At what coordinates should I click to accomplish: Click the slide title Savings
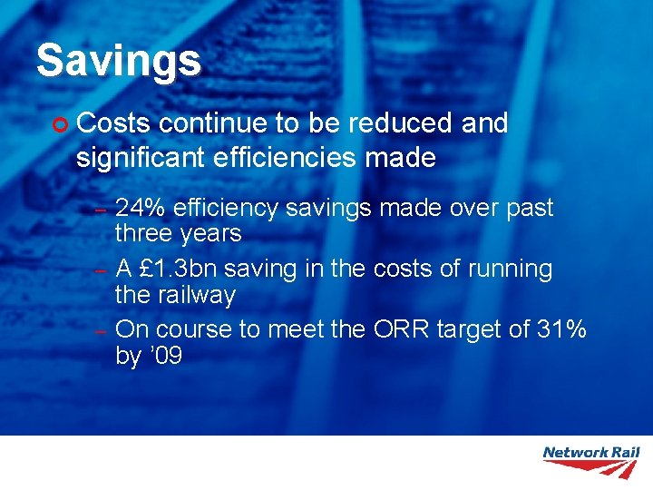(118, 61)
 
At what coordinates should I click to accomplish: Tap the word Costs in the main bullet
(112, 123)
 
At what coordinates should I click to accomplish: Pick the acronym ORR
(402, 329)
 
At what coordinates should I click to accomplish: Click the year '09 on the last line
(164, 356)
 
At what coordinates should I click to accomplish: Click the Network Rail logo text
(590, 452)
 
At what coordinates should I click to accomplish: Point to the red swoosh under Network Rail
(591, 467)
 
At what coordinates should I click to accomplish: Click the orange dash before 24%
(102, 211)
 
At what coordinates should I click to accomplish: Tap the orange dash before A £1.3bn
(102, 271)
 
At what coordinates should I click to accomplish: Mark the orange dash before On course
(102, 332)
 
